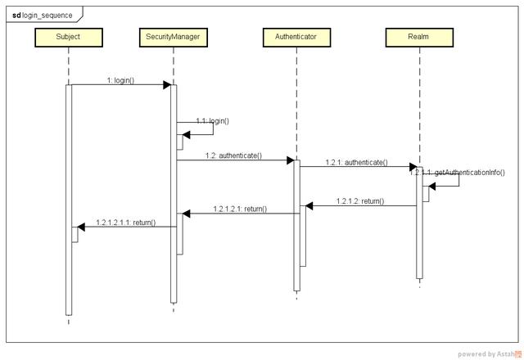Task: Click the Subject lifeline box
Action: pos(68,37)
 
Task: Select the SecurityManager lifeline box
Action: pos(173,37)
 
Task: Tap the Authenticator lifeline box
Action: pos(296,37)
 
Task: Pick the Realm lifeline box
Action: pos(418,37)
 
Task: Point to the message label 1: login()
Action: pos(120,80)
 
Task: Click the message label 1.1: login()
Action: pos(212,121)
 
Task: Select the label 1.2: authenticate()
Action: pos(233,155)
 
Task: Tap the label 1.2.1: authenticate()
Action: pos(356,163)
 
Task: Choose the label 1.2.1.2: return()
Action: pos(359,201)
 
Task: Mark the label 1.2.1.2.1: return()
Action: pos(239,209)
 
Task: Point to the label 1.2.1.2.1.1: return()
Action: pos(125,223)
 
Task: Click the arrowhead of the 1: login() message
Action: pos(166,85)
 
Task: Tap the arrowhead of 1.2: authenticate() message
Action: pos(289,160)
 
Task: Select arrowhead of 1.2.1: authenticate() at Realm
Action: pos(413,167)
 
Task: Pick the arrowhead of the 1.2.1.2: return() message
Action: pos(309,206)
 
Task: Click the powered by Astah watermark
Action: pos(489,353)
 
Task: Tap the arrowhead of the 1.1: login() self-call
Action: pos(186,135)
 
